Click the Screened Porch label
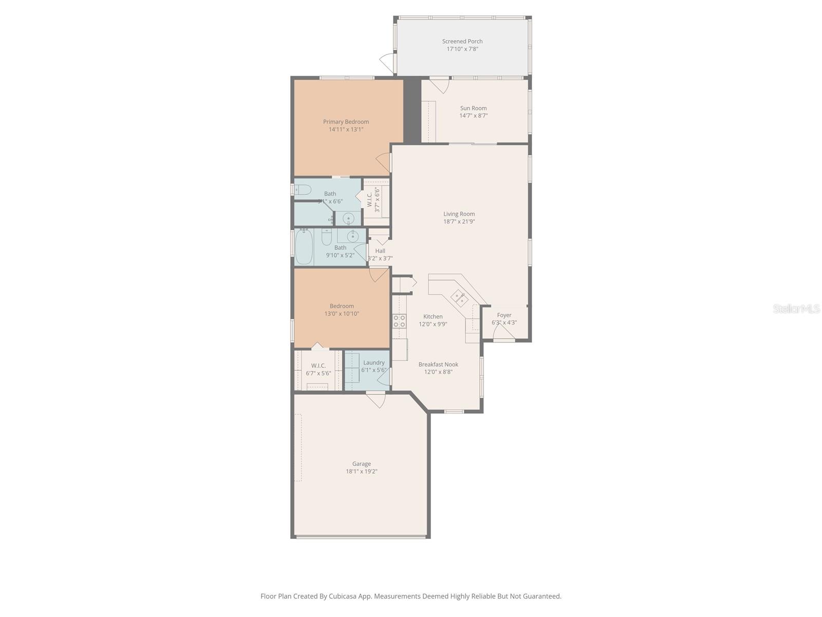point(462,41)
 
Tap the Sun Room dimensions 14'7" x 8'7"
point(473,116)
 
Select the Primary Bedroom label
point(346,122)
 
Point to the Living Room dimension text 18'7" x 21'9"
point(459,222)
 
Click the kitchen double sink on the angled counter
point(459,297)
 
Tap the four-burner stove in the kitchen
point(399,321)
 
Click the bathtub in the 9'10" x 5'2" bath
point(304,247)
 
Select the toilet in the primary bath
point(303,190)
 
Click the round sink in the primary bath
point(349,219)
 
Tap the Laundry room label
point(373,362)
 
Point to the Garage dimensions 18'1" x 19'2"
point(361,471)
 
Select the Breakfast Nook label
point(438,365)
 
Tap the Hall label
point(380,251)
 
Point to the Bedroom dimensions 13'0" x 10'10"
point(342,314)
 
